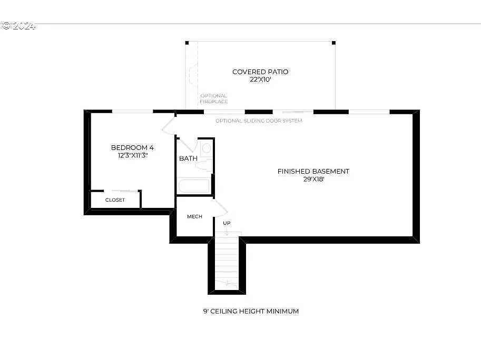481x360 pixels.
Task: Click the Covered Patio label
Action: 260,72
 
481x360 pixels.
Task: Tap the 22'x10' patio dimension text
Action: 260,79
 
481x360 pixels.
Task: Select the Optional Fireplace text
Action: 213,98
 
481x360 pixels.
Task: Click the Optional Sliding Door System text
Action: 259,121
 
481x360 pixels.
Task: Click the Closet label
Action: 115,200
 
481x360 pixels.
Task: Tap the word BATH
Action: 188,158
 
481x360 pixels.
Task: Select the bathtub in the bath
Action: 194,186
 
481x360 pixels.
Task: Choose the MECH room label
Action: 194,216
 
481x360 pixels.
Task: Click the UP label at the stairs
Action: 227,223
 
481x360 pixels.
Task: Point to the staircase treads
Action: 227,261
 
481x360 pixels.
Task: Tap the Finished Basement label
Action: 313,171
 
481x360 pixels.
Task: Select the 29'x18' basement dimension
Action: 313,179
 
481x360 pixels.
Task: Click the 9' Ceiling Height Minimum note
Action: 251,311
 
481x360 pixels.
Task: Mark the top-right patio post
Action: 333,43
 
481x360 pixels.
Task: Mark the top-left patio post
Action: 186,43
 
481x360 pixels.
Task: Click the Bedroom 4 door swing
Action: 169,126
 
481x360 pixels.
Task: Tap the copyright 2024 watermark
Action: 18,25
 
